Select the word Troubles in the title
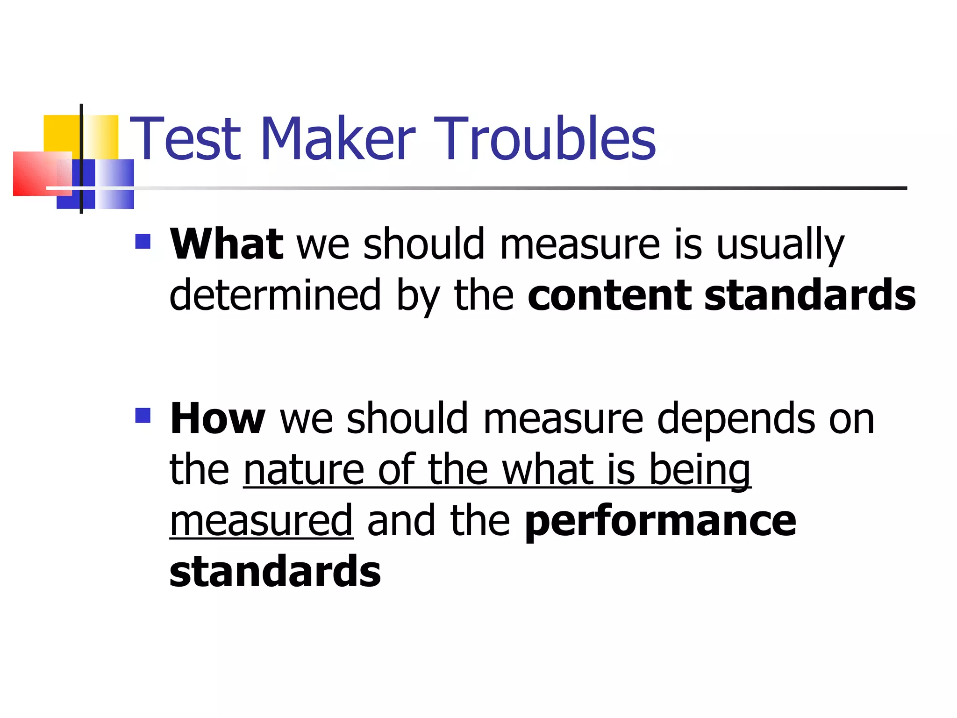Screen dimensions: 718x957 coord(544,138)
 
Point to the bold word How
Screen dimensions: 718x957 coord(218,418)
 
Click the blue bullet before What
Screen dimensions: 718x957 coord(143,241)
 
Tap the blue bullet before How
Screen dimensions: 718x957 coord(143,416)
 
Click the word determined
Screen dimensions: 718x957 coord(275,295)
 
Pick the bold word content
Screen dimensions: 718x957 coord(609,295)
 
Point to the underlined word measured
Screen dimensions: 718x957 coord(261,521)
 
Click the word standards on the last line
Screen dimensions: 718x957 coord(275,571)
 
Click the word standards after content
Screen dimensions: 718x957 coord(810,295)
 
